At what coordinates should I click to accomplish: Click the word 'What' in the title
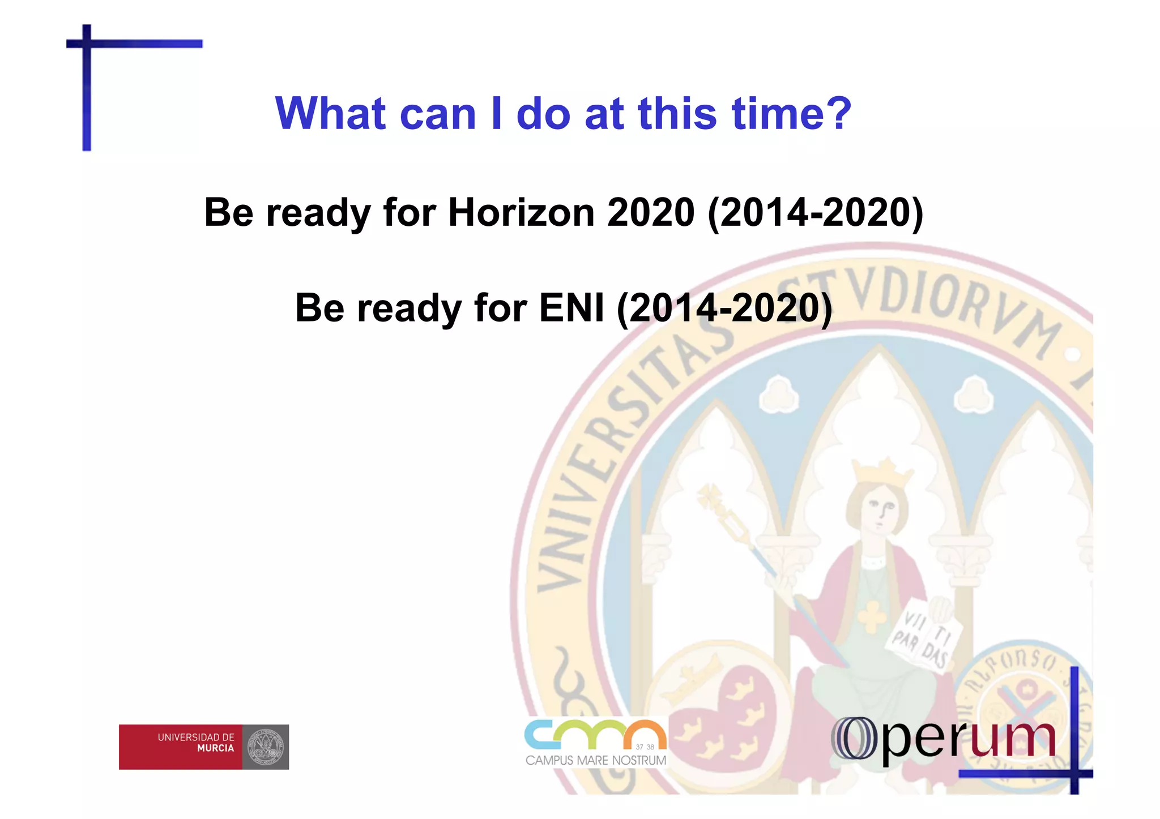[330, 114]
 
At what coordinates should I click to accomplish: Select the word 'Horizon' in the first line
[521, 213]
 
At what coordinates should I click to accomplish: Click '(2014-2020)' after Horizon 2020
[816, 213]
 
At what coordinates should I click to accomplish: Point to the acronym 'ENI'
[572, 308]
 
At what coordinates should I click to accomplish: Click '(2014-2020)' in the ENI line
[724, 308]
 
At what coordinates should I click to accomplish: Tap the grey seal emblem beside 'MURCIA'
[266, 747]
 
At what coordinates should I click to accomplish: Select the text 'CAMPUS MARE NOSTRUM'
[595, 760]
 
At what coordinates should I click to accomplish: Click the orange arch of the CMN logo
[644, 734]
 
